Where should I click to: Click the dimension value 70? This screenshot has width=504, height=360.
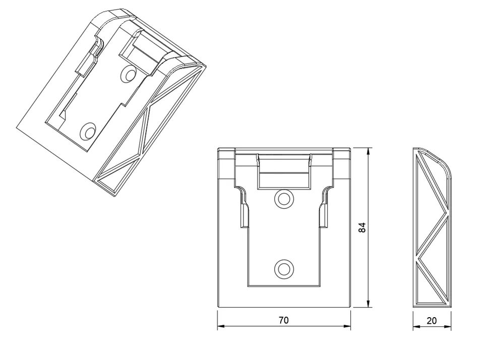point(283,320)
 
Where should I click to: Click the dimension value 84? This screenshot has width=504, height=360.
point(362,227)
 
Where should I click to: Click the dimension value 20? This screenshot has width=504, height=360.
point(432,321)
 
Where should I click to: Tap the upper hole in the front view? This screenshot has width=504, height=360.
point(284,199)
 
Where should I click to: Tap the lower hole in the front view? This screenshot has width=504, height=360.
point(284,268)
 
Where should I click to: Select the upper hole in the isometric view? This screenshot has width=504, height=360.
point(129,74)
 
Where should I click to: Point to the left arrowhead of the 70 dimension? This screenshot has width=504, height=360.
point(221,326)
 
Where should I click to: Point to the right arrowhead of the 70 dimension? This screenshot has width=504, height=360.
point(347,326)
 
